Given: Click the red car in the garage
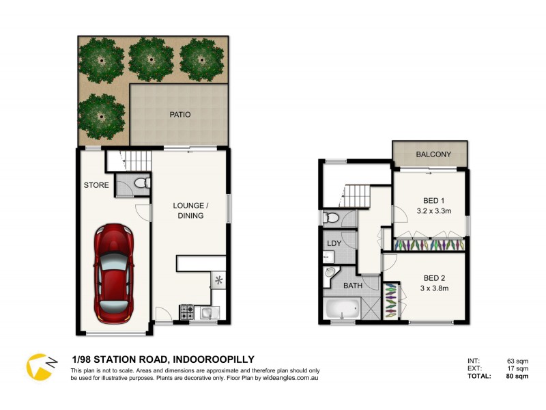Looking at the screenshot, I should click(x=114, y=273).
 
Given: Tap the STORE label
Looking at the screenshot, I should click(x=96, y=184).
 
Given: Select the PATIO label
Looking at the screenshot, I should click(x=180, y=115).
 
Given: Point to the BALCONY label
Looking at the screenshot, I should click(x=433, y=154).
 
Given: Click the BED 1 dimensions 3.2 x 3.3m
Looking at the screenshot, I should click(x=430, y=211).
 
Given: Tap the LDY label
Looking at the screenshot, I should click(x=334, y=243).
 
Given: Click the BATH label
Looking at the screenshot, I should click(x=352, y=286).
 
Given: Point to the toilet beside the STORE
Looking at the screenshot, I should click(x=141, y=184).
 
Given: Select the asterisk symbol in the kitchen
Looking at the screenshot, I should click(x=219, y=279).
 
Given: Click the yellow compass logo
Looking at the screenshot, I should click(x=39, y=366).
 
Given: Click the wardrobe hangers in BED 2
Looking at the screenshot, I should click(x=390, y=300).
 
